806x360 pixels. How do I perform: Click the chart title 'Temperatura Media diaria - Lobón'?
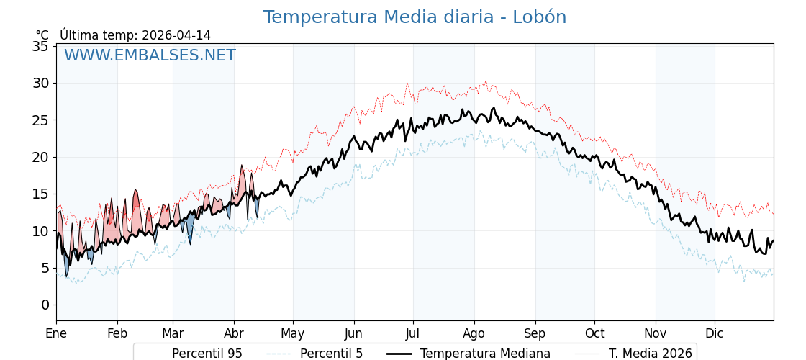point(415,17)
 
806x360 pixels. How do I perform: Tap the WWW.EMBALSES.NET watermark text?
point(150,55)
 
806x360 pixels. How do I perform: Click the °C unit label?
point(42,35)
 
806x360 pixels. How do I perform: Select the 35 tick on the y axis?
point(41,46)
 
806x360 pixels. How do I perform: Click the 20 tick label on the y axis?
point(41,157)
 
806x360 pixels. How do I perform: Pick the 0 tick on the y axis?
point(45,305)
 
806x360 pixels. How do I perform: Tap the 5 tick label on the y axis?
point(45,268)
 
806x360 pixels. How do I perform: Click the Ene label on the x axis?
point(56,333)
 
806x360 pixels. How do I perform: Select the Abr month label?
point(234,333)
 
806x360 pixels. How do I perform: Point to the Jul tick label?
point(413,333)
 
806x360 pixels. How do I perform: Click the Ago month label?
point(474,333)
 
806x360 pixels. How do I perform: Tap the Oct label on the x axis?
point(594,333)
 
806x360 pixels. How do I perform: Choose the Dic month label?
point(715,333)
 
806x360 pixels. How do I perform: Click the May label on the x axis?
point(293,333)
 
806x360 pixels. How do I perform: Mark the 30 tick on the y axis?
point(41,83)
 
